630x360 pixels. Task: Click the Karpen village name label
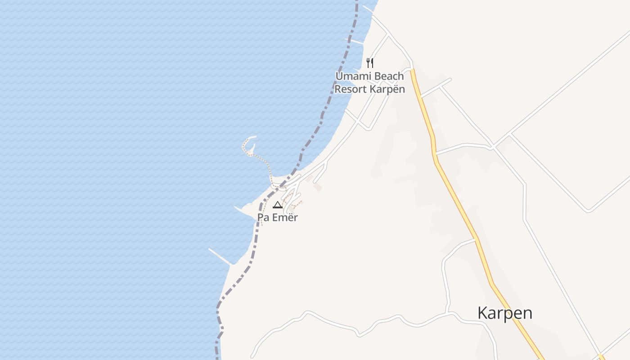(x=504, y=313)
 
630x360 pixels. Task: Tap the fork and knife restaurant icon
(x=370, y=63)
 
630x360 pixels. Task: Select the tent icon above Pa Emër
(x=278, y=205)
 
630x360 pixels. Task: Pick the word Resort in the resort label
(x=350, y=89)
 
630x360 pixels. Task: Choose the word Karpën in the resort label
(x=387, y=89)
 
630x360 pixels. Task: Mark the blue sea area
(x=112, y=135)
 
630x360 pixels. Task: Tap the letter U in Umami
(x=339, y=76)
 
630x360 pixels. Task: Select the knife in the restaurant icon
(x=372, y=63)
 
